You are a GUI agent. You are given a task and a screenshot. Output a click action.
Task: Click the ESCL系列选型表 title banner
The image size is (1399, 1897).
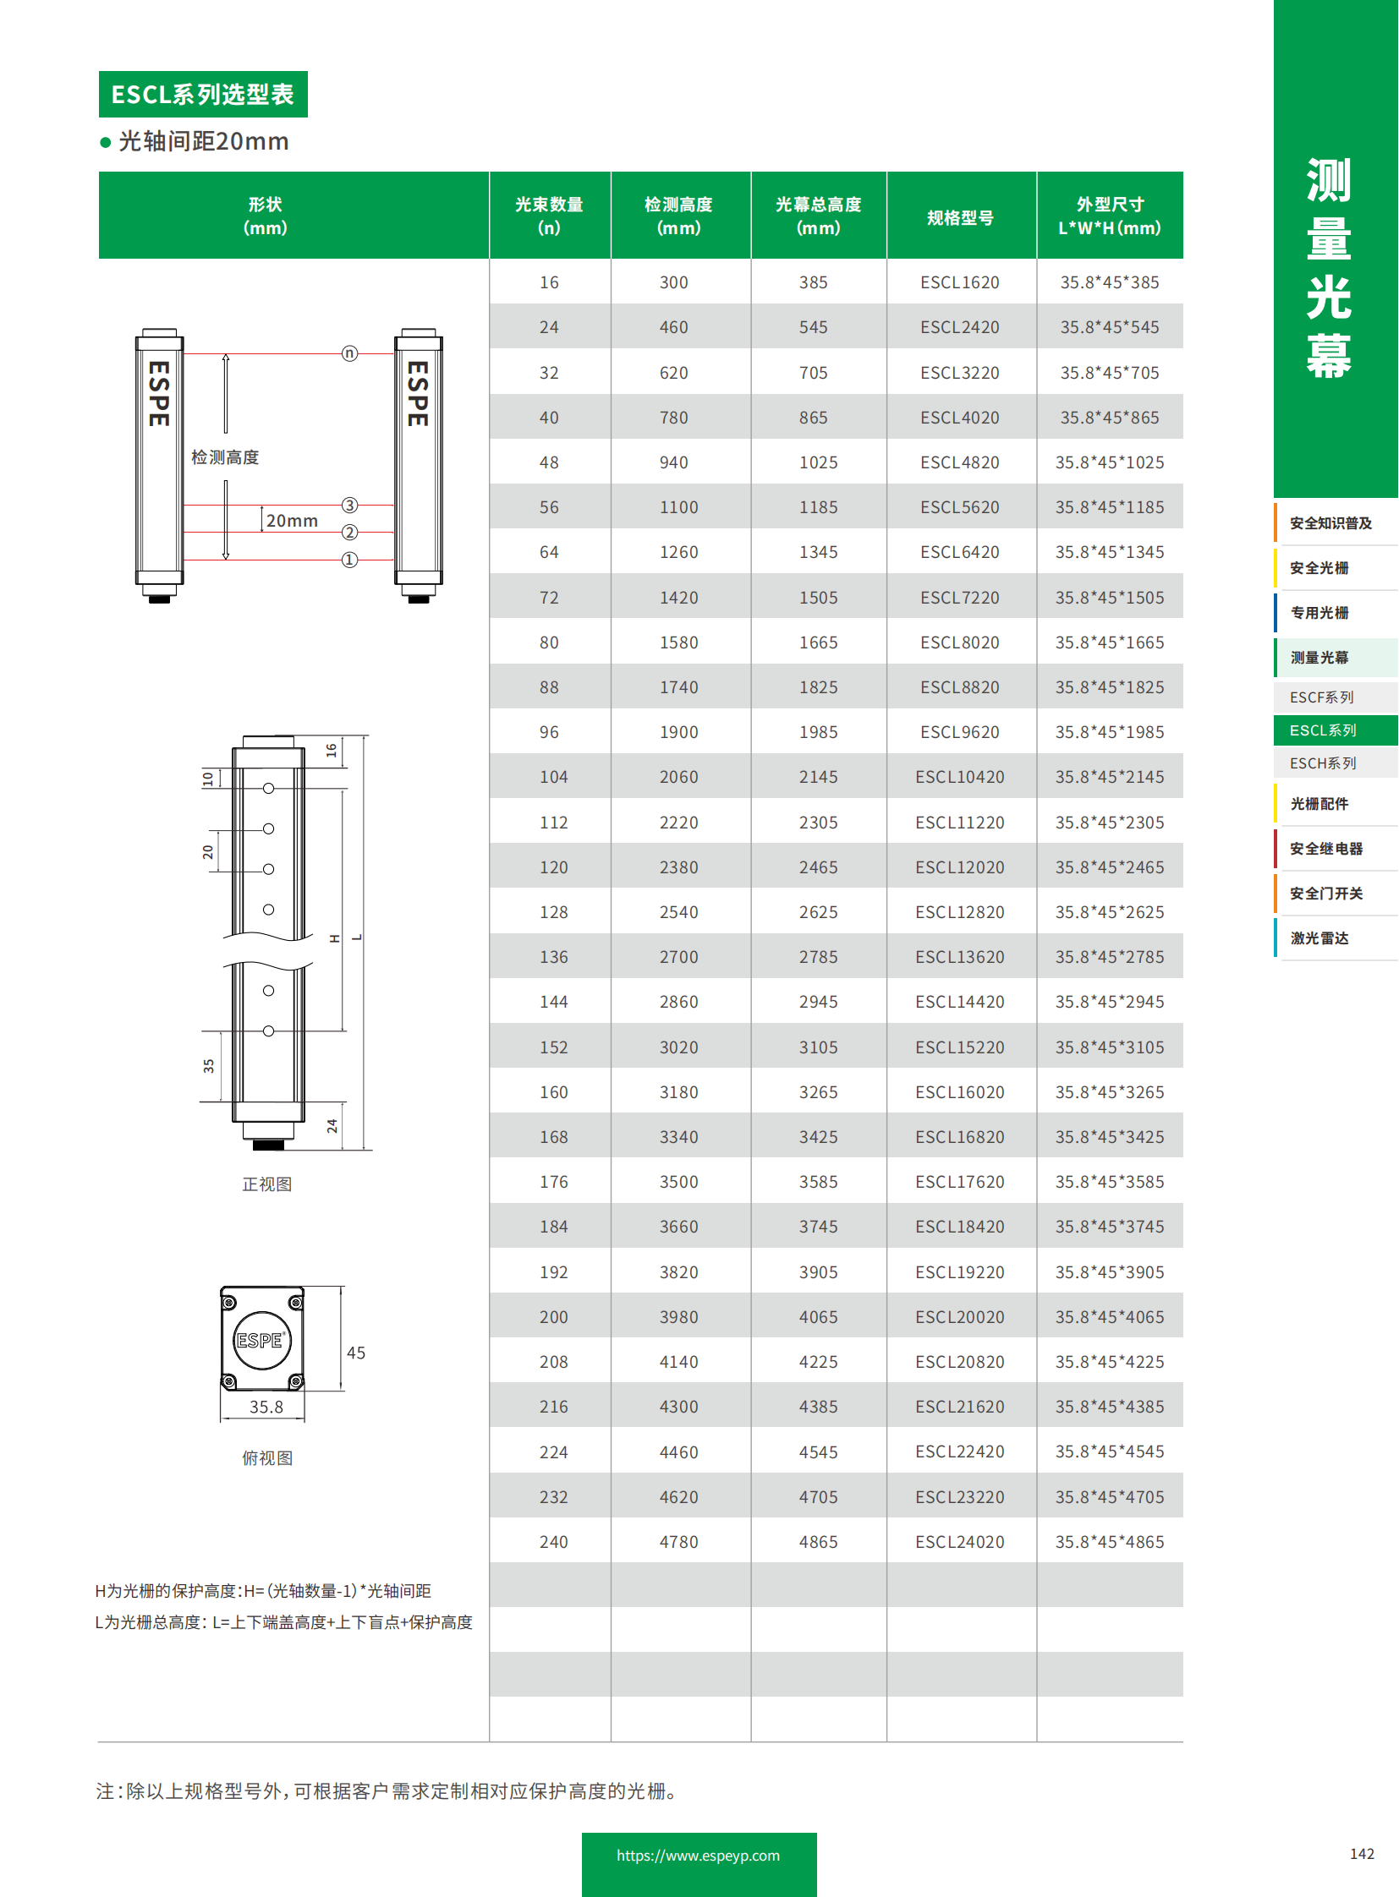point(202,94)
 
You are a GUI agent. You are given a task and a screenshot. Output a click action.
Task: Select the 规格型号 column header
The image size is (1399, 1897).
point(959,217)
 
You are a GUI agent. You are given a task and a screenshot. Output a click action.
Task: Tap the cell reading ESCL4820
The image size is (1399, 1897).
point(959,462)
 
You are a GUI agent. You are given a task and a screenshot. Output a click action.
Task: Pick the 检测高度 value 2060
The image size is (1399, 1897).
point(678,776)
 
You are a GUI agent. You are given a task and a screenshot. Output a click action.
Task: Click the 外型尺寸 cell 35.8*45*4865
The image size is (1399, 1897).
point(1109,1540)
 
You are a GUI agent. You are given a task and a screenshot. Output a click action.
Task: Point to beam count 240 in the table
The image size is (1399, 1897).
point(553,1540)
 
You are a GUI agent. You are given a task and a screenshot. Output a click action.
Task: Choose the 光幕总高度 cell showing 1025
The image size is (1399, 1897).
point(817,462)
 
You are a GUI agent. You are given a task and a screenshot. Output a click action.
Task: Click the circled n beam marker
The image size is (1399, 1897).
point(350,353)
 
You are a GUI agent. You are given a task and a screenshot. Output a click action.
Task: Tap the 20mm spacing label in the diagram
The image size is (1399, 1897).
point(291,521)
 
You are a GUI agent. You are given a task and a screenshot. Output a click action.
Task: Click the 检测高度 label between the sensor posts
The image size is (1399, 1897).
point(224,457)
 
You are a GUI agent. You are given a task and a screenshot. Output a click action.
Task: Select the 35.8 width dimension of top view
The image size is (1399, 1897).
point(266,1406)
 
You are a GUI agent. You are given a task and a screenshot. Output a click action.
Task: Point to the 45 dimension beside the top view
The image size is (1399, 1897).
point(356,1352)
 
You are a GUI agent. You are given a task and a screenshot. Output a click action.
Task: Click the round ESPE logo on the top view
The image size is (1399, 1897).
point(261,1339)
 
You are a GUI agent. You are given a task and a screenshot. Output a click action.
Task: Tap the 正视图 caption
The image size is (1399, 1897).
point(266,1184)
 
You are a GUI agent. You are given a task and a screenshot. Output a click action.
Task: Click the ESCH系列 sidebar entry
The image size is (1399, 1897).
point(1323,763)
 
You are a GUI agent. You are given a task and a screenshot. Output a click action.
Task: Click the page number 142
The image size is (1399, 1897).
point(1361,1853)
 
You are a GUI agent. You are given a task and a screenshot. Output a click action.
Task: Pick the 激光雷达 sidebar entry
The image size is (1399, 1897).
point(1319,937)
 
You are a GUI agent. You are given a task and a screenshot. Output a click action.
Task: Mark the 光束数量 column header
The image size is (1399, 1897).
point(549,216)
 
